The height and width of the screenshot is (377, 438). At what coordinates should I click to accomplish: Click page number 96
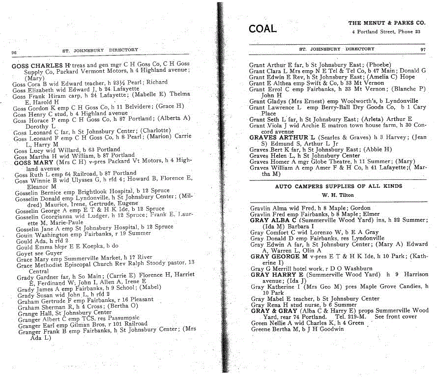tap(14, 52)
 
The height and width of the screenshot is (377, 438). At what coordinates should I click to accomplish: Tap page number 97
tap(423, 49)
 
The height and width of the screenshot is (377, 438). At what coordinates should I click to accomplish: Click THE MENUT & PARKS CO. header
tap(386, 23)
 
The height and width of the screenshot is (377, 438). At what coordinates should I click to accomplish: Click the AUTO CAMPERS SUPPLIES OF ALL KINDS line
tap(338, 186)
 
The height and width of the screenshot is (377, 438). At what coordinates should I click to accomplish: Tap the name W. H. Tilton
tap(338, 194)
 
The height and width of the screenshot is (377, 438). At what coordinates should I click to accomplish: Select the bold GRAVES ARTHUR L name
tap(282, 138)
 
